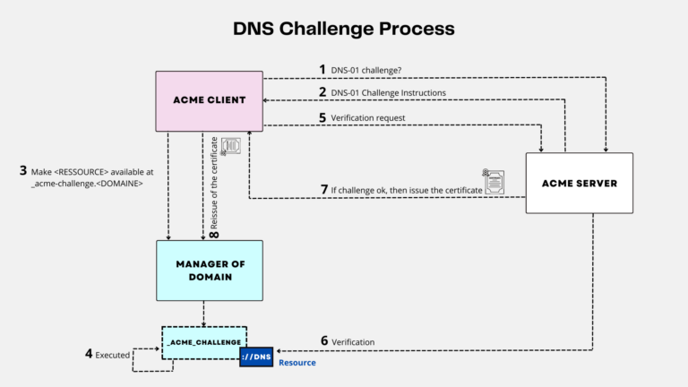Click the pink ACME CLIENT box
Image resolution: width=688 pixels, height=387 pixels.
tap(209, 101)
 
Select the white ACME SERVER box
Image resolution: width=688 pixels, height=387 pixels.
tap(579, 183)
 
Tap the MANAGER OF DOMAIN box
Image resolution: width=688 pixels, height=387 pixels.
tap(209, 270)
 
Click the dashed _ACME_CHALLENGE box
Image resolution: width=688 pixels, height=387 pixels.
tap(203, 342)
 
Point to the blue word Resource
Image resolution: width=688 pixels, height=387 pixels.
tap(297, 363)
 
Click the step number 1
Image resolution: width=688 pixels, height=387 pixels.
tap(322, 69)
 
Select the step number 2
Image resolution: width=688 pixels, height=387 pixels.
tap(322, 91)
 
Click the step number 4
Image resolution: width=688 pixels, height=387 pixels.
tap(89, 355)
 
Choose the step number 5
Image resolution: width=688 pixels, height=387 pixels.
tap(322, 116)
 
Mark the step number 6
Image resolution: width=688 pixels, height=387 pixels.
tap(323, 341)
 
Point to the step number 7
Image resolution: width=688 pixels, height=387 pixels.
tap(323, 190)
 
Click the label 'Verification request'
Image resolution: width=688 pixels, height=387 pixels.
tap(369, 117)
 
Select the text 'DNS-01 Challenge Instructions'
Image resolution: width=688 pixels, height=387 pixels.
tap(389, 92)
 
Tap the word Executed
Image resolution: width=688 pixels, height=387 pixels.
tap(113, 356)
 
